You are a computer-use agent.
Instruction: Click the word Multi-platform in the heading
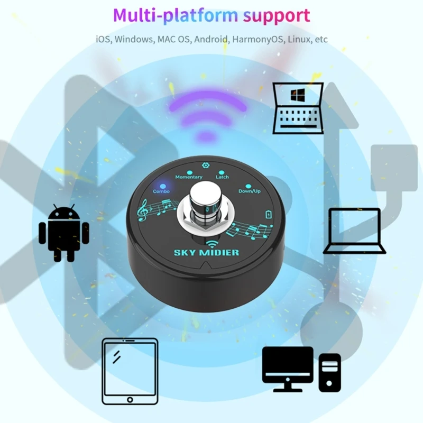click(175, 16)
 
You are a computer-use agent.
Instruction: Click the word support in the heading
click(277, 16)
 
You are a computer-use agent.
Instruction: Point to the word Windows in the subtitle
click(132, 40)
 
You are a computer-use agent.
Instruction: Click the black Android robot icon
click(64, 233)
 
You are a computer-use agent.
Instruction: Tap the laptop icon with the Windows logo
click(298, 108)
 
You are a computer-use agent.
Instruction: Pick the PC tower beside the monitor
click(329, 372)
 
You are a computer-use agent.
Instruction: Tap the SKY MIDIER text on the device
click(206, 253)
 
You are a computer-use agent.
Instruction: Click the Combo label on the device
click(161, 191)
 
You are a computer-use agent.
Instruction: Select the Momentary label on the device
click(189, 177)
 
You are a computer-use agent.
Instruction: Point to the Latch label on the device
click(222, 177)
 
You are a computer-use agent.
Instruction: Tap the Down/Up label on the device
click(249, 191)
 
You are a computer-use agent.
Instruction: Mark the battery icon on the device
click(268, 214)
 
